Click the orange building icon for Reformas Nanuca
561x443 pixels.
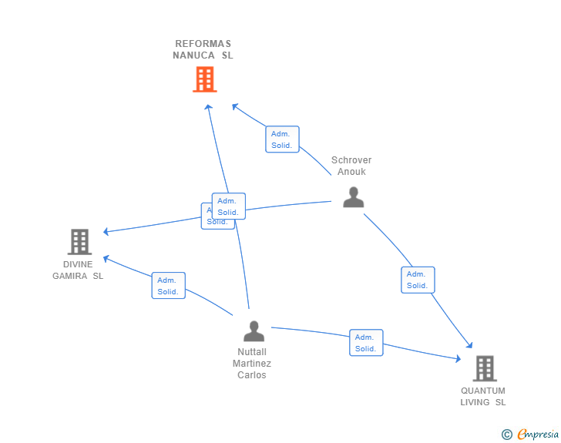point(204,79)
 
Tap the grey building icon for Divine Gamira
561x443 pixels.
point(79,242)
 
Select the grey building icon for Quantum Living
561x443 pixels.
point(485,368)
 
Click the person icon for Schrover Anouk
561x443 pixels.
point(353,197)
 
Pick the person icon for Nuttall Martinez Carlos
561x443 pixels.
point(254,331)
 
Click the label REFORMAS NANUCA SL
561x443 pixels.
point(203,49)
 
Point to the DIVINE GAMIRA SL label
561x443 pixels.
point(78,270)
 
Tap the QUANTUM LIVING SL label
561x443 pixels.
point(483,396)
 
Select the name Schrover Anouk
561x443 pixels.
point(351,166)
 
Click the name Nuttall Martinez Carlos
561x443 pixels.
point(253,364)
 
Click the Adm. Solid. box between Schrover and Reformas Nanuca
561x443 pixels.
point(282,139)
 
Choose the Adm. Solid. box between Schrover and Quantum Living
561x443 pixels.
point(418,280)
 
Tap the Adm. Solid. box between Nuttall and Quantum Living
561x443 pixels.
point(366,343)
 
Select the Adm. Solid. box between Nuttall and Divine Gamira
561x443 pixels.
point(168,286)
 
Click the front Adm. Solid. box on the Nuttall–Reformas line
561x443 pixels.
point(228,206)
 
